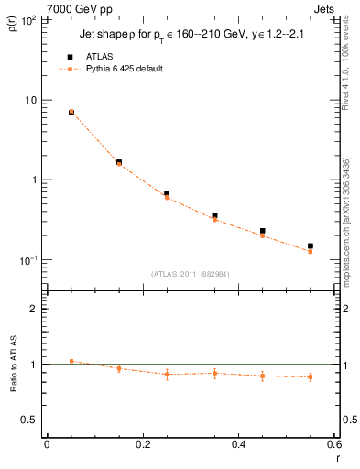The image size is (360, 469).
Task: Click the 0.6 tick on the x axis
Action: coord(335,444)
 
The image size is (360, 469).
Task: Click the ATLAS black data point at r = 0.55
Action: coord(311,245)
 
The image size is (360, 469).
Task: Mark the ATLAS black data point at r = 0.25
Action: coord(167,193)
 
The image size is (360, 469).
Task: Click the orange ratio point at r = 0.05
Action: coord(71,361)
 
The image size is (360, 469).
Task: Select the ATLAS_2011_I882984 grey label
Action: coord(191,272)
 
